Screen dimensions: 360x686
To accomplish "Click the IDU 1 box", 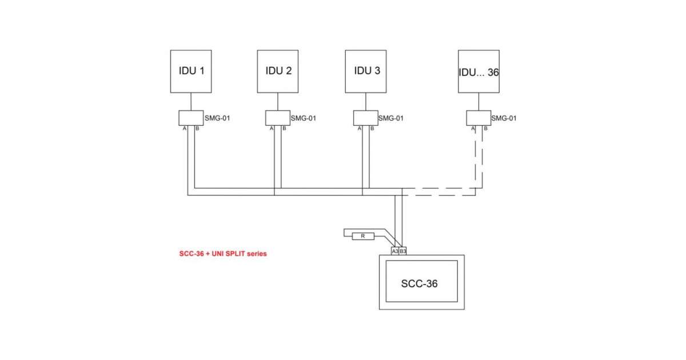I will pos(192,71).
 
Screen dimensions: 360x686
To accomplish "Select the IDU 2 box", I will pos(278,71).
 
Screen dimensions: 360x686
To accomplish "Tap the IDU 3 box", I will pos(366,71).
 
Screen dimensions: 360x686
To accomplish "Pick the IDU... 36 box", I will pos(478,71).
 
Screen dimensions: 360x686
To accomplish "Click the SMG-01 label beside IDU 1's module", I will pos(217,119).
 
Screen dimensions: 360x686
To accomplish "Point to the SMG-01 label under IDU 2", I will pos(304,119).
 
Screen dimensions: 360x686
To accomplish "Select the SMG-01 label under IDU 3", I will pos(391,119).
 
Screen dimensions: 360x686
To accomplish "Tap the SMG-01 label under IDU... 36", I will pos(504,119).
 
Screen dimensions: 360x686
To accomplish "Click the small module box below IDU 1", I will pos(191,118).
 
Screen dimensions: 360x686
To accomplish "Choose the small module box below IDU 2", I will pos(278,118).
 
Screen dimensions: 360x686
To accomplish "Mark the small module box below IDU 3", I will pos(365,118).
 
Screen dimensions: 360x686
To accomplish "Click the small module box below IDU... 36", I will pos(478,118).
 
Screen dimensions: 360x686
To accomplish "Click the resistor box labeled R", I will pos(362,236).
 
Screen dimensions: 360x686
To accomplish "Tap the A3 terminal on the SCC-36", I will pos(395,251).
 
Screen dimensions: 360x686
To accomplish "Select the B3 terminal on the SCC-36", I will pos(403,251).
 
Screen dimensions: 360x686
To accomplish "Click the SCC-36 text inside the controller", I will pos(419,283).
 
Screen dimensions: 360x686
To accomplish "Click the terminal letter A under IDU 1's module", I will pos(184,129).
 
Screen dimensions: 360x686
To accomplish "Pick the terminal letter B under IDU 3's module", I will pos(372,129).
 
